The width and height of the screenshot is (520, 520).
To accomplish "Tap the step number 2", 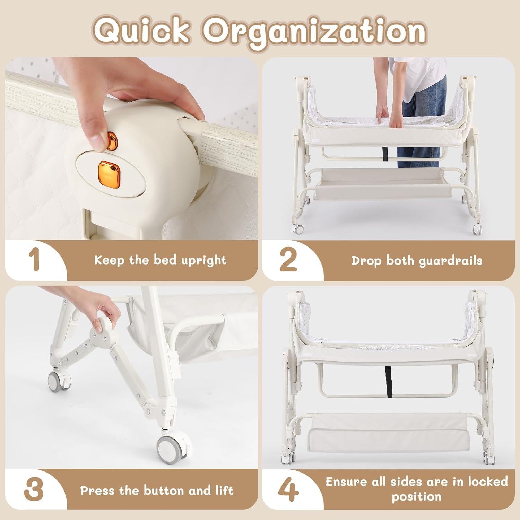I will click(288, 260).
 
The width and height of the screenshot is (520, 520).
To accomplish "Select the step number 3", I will click(34, 490).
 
